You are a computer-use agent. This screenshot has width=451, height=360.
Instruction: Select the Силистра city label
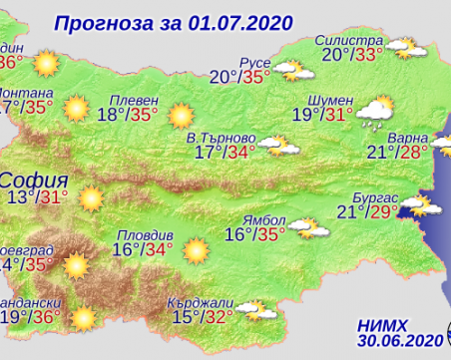[x=348, y=39]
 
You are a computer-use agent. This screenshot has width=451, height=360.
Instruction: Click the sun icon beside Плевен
[x=181, y=115]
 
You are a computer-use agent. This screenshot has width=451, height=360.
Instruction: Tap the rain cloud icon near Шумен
[x=372, y=113]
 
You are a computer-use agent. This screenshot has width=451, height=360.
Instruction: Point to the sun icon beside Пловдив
[x=195, y=249]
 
